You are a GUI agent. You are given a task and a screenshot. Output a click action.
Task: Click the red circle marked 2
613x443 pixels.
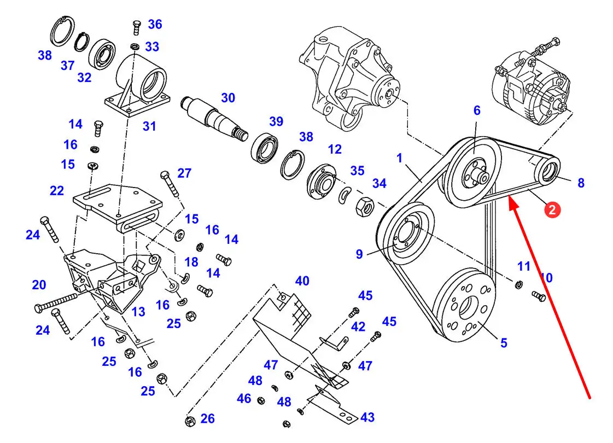click(552, 210)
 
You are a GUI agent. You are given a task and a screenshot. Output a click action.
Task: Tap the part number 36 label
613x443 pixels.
click(155, 24)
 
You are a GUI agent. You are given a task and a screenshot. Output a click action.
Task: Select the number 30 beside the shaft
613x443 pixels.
click(228, 98)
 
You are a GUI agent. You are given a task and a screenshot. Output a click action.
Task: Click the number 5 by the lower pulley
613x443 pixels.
click(504, 343)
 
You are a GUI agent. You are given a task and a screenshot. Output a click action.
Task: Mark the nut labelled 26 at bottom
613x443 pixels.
click(190, 421)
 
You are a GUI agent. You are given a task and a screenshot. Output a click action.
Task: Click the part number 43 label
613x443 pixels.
click(367, 417)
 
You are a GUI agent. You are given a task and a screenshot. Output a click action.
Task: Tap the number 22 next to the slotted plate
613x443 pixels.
click(57, 191)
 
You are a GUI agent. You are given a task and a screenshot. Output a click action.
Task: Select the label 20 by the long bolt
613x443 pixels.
click(39, 284)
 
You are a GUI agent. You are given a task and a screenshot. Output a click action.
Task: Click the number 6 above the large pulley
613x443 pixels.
click(476, 110)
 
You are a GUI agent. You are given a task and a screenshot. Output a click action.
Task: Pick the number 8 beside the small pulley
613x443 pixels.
click(581, 183)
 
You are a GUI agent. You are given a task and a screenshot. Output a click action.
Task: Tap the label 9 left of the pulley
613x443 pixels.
click(359, 254)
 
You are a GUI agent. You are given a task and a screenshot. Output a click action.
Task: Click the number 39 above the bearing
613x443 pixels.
click(276, 121)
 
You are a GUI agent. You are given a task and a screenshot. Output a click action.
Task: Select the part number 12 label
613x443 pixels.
click(335, 149)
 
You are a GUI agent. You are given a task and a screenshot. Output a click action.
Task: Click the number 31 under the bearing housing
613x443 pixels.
click(149, 126)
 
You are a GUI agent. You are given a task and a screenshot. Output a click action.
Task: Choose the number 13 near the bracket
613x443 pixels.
click(138, 312)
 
